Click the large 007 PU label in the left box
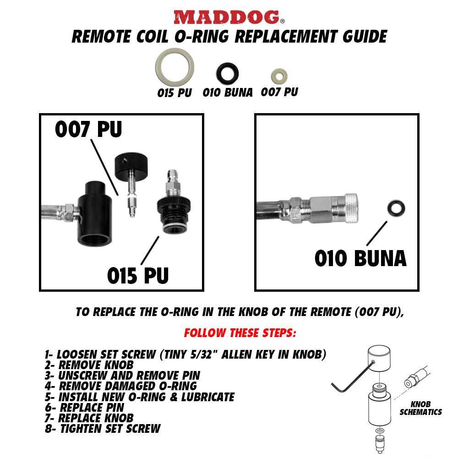(88, 130)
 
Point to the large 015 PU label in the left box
(138, 276)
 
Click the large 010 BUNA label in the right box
(360, 259)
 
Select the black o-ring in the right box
(395, 208)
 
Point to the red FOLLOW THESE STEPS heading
(240, 333)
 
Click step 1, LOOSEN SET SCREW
(185, 354)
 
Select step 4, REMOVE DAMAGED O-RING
(121, 386)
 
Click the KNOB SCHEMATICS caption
(420, 408)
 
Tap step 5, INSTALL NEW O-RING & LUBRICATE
(140, 397)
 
